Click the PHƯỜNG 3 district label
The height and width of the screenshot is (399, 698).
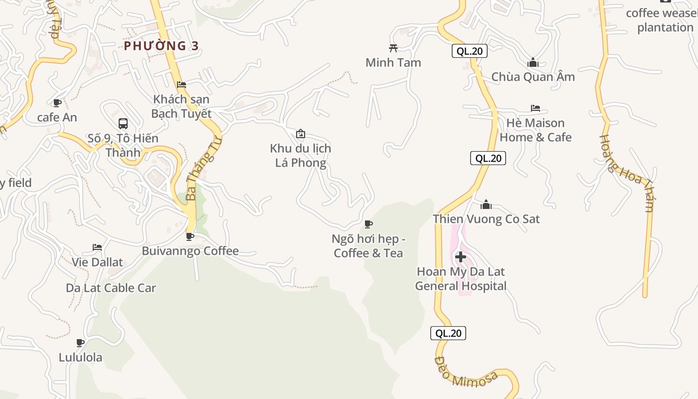coord(161,46)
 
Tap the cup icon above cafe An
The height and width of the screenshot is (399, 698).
coord(57,103)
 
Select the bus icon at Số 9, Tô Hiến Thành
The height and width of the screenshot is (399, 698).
coord(123,123)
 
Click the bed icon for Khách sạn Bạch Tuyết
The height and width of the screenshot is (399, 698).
coord(181,85)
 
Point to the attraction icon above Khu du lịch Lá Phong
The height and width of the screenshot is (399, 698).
coord(301,134)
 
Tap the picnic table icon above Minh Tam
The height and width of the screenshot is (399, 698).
coord(393,48)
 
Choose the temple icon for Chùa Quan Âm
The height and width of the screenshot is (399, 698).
coord(533,62)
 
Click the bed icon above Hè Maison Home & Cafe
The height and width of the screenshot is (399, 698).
coord(535,108)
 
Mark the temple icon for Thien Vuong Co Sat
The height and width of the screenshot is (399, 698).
coord(486,204)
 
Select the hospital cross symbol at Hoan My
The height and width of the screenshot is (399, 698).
coord(461,257)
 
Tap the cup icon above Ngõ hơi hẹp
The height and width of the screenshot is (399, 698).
coord(368,224)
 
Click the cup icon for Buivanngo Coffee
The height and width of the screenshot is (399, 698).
coord(190,236)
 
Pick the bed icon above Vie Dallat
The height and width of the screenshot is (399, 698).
coord(97,247)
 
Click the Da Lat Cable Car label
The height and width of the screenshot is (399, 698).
coord(111,288)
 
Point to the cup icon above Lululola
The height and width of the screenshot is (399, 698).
coord(80,343)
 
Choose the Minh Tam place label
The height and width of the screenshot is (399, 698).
coord(393,62)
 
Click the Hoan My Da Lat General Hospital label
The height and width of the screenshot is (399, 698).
coord(461,279)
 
